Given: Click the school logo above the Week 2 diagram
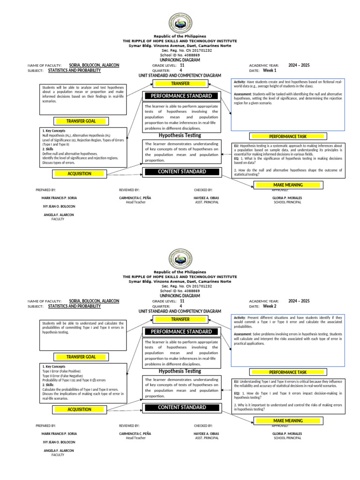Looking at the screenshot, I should pos(180,259).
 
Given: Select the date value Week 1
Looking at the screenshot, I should pos(270,70).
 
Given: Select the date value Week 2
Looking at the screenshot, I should pos(270,306).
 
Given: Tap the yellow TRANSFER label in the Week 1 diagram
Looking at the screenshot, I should pos(180,84).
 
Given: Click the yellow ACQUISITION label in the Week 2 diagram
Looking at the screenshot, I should pos(79,409).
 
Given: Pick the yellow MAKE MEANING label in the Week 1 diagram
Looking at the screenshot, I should pos(288,185).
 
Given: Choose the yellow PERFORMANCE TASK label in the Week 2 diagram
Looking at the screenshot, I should pos(288,372).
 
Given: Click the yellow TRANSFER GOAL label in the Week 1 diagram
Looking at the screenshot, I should pos(81,121).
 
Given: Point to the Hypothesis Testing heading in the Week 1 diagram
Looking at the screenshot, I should pos(180,135).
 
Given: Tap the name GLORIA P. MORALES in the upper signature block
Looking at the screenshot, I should pos(287,198).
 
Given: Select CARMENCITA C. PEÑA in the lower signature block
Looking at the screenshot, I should pos(135,434).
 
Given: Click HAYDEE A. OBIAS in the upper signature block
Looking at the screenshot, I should pos(206,198).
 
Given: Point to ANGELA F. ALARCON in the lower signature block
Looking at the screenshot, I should pos(59,450).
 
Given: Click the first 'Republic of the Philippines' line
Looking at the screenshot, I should pos(180,36).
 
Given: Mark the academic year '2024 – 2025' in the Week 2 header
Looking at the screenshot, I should pos(299,300).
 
